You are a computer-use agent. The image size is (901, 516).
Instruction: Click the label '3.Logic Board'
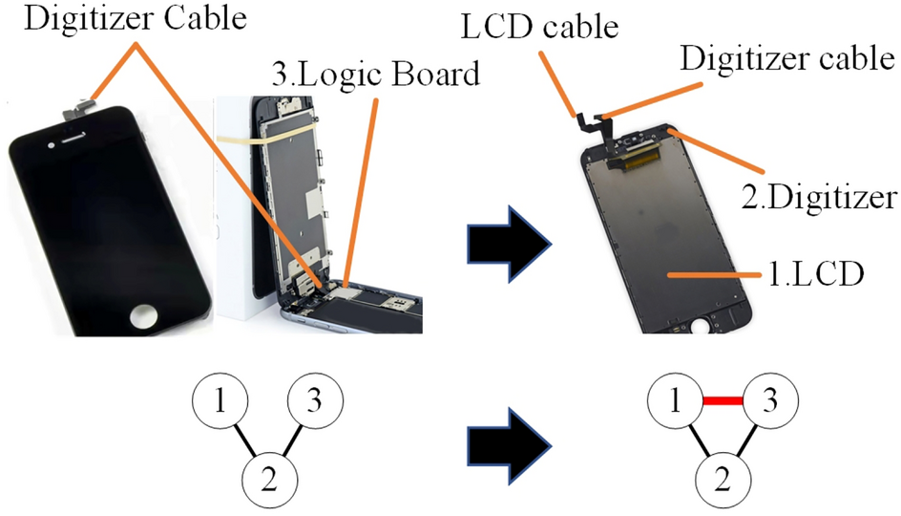pyautogui.click(x=376, y=74)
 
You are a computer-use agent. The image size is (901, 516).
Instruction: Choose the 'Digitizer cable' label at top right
pyautogui.click(x=786, y=59)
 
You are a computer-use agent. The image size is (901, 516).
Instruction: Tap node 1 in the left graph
pyautogui.click(x=220, y=401)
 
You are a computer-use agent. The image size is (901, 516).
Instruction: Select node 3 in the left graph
pyautogui.click(x=315, y=401)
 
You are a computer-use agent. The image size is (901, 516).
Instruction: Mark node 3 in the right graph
pyautogui.click(x=772, y=401)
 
